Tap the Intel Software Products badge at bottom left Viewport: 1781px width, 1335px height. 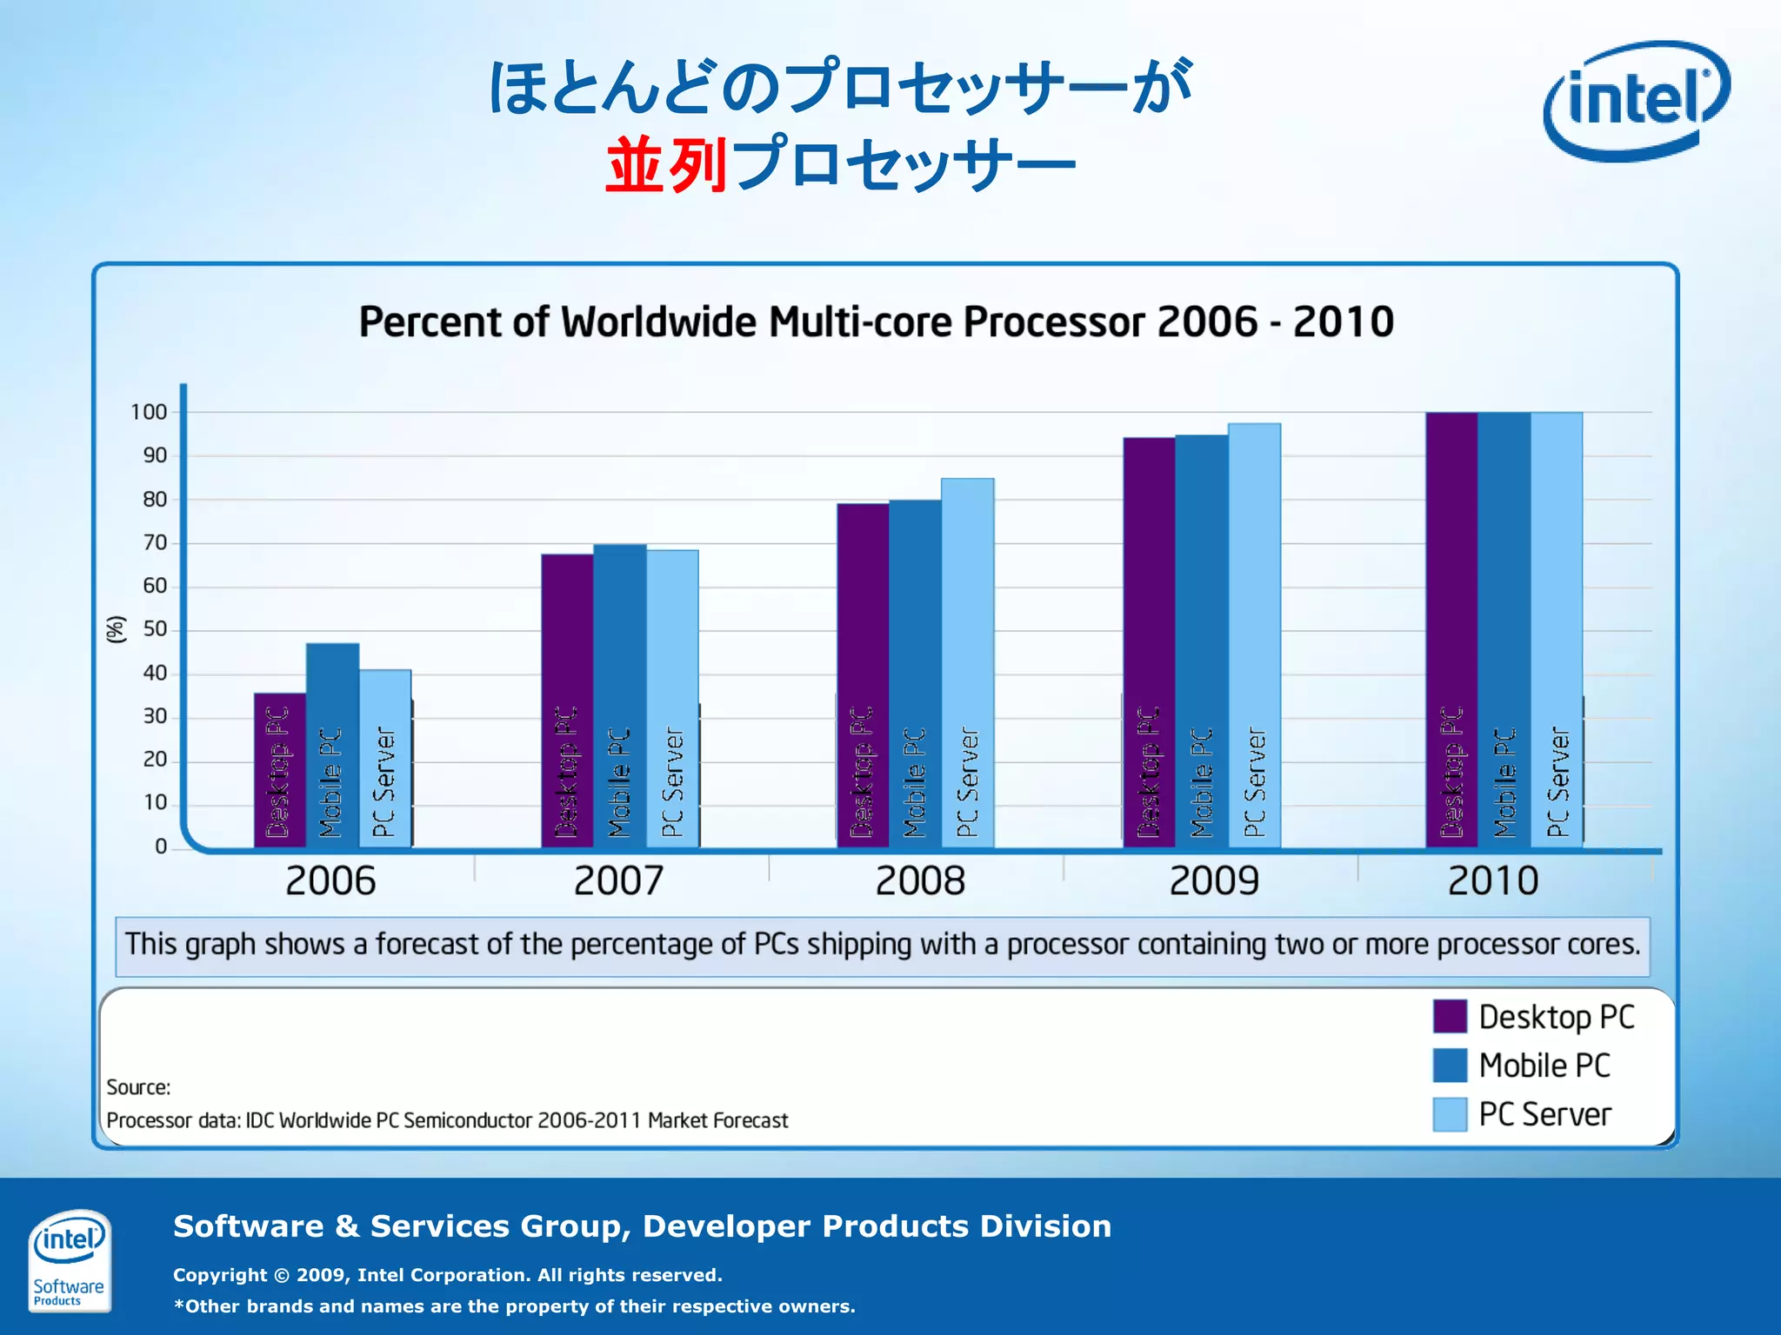[69, 1259]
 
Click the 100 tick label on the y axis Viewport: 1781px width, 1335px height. [149, 412]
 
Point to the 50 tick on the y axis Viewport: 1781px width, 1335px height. [155, 629]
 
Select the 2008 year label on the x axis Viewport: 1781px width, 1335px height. [920, 880]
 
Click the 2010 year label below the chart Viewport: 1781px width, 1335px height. [1492, 880]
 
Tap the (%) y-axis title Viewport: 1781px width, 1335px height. [116, 628]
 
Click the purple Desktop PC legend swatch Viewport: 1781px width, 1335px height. [1450, 1016]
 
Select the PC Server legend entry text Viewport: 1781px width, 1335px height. [1544, 1114]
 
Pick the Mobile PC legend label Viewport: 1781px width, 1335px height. [1544, 1066]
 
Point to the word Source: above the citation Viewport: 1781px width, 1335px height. [138, 1087]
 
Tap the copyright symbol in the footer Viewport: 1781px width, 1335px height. [282, 1275]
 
